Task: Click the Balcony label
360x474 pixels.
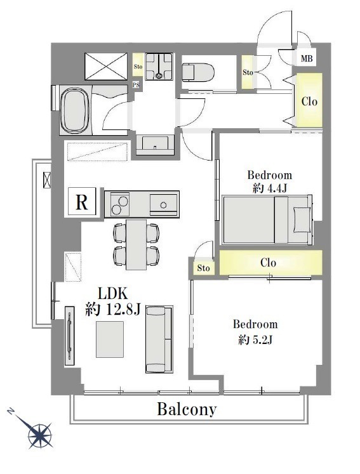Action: [187, 410]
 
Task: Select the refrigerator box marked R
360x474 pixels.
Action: [82, 201]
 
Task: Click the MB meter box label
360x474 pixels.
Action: [307, 58]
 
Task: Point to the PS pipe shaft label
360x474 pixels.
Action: [136, 85]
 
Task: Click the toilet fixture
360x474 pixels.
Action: [198, 72]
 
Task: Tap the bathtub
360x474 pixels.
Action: [74, 111]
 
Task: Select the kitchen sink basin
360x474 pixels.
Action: [163, 205]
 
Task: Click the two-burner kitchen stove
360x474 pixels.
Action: [120, 204]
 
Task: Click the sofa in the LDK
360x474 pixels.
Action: [159, 339]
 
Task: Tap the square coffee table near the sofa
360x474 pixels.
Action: [110, 339]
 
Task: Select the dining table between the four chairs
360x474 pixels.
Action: [136, 244]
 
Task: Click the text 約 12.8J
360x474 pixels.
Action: [113, 309]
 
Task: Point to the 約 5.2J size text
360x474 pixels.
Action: [256, 340]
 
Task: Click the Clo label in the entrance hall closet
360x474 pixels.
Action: [309, 102]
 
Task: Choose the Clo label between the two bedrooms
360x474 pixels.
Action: [268, 263]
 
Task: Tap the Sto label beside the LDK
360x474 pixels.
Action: [203, 268]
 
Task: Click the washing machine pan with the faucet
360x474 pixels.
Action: [159, 67]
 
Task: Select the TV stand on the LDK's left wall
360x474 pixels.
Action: [70, 336]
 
